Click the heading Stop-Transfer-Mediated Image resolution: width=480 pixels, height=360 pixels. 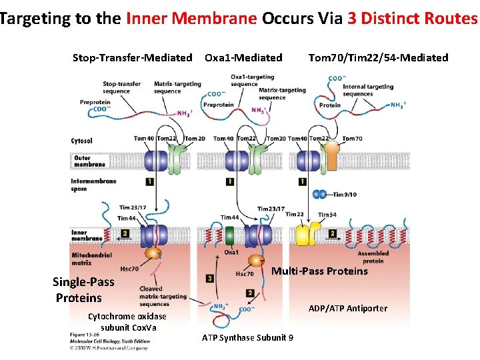point(132,58)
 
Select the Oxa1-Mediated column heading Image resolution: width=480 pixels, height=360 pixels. point(243,58)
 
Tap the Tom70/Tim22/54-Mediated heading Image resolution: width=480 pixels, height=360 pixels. point(378,58)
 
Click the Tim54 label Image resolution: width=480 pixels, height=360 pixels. point(327,215)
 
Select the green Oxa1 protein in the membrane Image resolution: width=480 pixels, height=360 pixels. point(230,236)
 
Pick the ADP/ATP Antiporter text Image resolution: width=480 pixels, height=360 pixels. point(347,308)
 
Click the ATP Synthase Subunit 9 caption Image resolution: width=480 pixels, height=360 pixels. point(247,337)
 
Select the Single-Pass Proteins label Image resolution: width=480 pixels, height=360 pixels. point(83,289)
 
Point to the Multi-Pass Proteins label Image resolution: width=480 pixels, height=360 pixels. point(319,271)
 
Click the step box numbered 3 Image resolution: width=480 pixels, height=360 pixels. point(210,278)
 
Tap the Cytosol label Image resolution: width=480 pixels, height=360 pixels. point(81,141)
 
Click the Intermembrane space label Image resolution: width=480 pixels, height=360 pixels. point(93,185)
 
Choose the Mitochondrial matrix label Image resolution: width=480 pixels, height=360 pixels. point(91,258)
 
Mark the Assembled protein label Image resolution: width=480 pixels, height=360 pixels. point(373,257)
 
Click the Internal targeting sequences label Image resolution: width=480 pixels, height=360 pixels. point(367,90)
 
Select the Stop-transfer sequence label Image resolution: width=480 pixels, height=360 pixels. point(121,87)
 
